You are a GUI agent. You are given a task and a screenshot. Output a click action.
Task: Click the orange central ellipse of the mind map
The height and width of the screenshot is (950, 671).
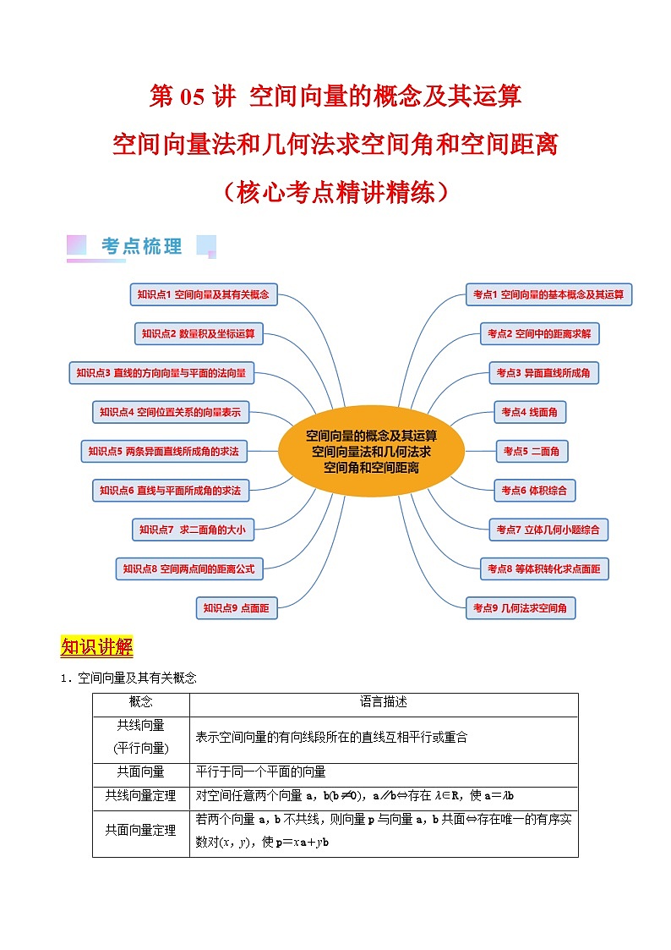coord(371,451)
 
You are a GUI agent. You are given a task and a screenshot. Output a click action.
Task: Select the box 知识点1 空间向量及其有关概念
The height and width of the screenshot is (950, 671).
coord(203,294)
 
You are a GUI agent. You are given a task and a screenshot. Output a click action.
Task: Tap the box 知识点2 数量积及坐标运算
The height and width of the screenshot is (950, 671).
coord(199,334)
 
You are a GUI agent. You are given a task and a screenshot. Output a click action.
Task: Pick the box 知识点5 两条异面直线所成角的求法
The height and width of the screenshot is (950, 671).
coord(163,452)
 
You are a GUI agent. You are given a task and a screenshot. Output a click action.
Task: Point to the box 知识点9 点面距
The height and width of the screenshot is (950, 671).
coord(236,607)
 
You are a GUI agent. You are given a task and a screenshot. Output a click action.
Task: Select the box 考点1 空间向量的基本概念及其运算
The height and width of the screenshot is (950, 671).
coord(548,294)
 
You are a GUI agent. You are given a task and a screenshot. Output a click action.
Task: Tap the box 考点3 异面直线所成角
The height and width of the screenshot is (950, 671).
coord(543,372)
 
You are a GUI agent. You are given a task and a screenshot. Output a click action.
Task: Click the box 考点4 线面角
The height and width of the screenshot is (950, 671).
coord(529,412)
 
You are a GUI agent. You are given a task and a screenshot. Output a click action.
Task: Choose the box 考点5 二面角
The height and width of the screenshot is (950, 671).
coord(531,452)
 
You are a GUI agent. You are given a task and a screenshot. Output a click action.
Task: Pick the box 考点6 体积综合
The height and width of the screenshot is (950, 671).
coord(533,490)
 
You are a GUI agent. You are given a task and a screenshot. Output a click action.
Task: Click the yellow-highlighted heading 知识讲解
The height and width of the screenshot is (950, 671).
coord(96,648)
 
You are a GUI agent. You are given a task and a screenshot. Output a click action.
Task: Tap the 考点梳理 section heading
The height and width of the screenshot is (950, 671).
coord(141,247)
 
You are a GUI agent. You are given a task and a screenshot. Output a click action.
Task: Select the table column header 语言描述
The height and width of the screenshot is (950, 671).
coord(384,702)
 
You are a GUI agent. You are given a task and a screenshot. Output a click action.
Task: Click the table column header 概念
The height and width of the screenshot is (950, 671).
coord(141,702)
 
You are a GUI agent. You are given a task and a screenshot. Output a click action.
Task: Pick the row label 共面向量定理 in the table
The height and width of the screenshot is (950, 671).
coord(141,831)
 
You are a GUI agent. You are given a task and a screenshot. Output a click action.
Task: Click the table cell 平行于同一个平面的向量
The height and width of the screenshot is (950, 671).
coord(260,772)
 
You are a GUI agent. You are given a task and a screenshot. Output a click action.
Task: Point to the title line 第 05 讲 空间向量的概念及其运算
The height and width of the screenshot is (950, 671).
coord(335,97)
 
